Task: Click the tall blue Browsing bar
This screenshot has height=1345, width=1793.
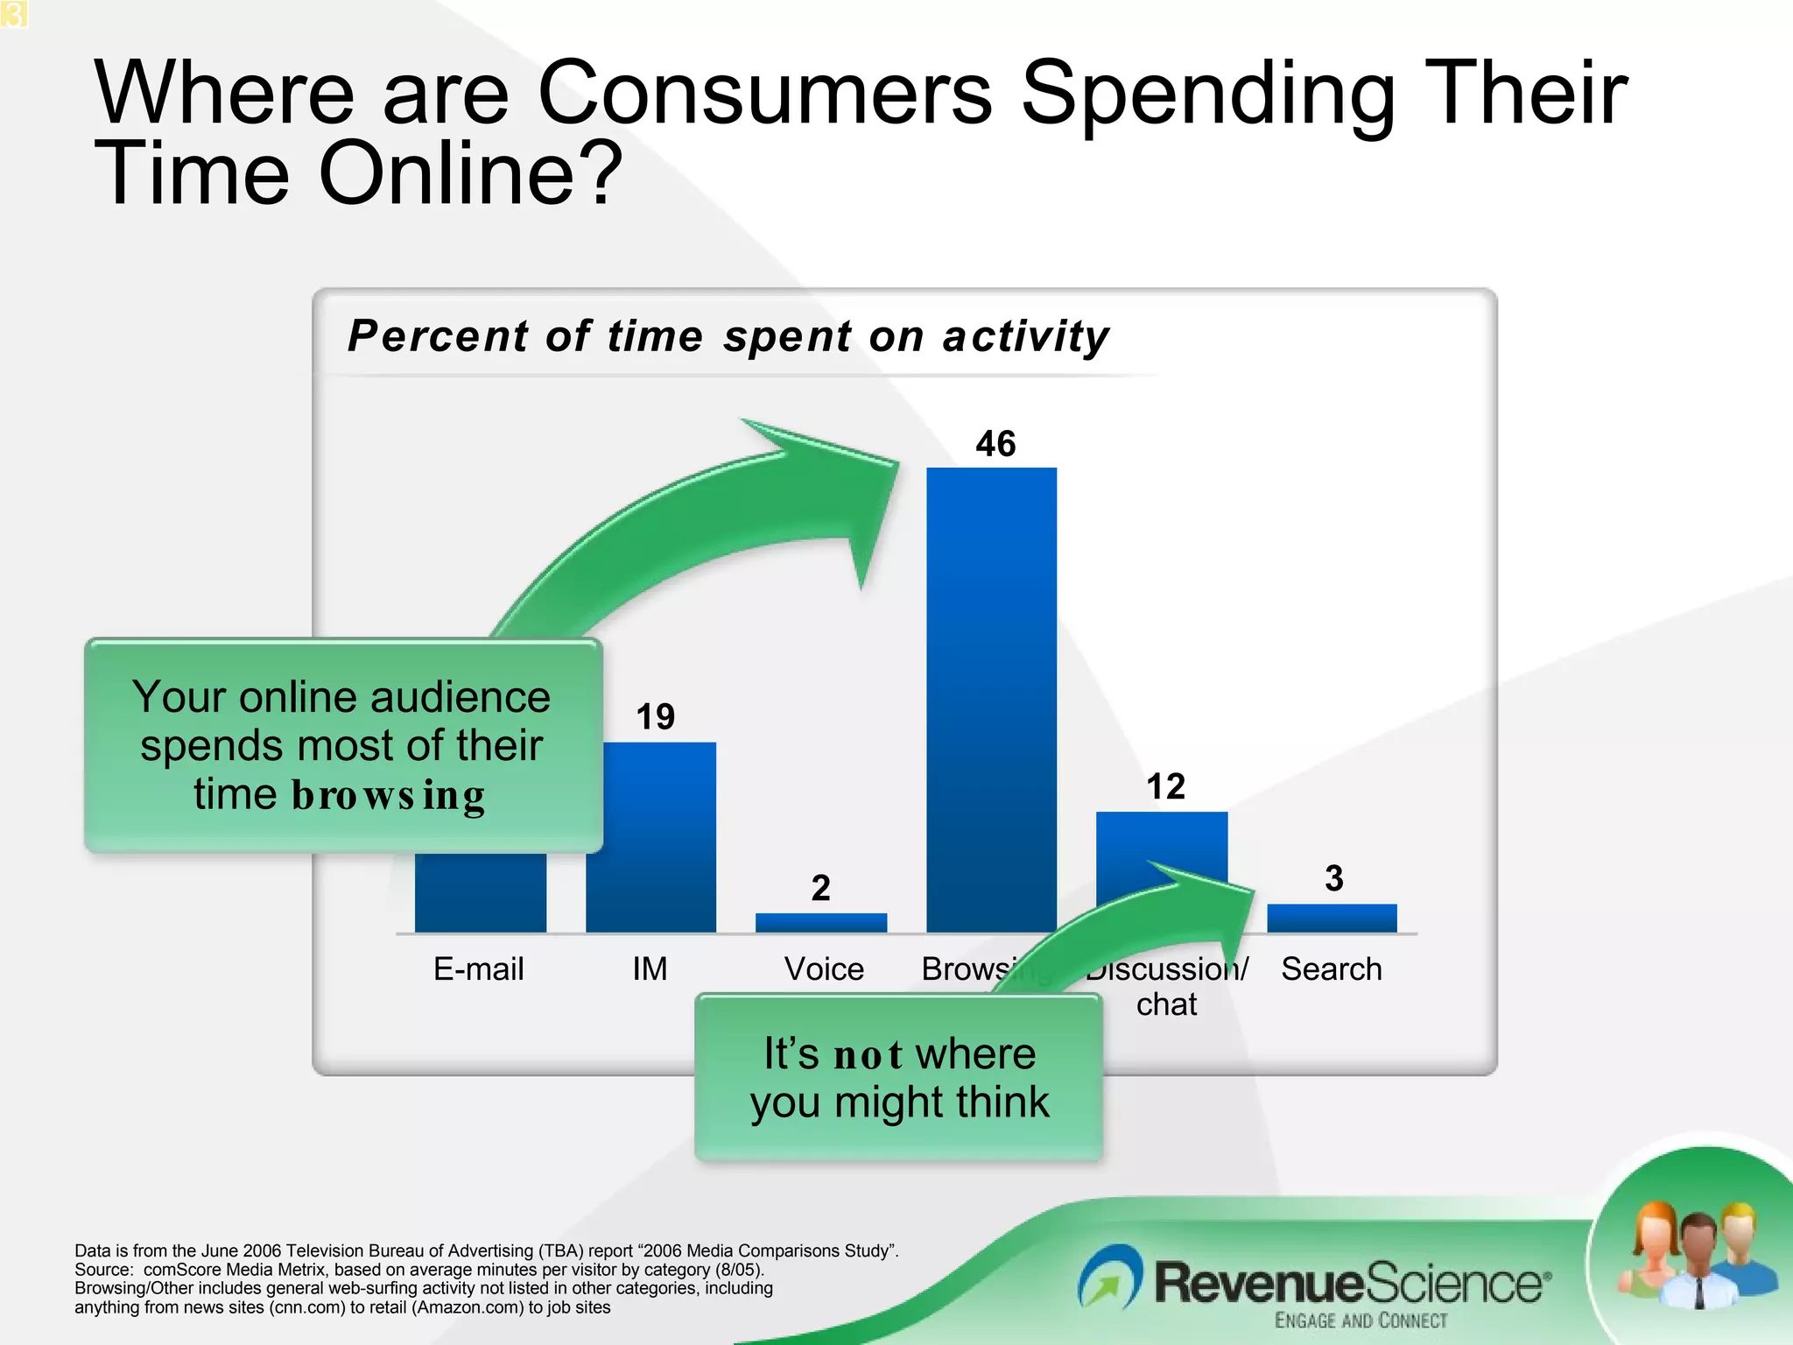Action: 991,701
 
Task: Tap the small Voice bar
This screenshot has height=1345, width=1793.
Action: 820,922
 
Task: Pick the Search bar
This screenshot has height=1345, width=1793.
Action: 1332,918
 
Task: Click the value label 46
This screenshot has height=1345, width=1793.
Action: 995,444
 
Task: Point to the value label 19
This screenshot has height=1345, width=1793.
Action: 655,717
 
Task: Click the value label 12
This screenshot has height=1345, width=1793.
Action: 1165,786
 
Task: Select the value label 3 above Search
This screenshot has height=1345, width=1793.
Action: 1333,878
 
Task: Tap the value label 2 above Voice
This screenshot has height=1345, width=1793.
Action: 820,888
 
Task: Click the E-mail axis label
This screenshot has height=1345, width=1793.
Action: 478,969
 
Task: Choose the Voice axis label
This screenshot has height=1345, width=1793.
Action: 824,969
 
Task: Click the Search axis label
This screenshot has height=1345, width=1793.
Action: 1332,969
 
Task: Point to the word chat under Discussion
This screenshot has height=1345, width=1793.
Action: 1166,1004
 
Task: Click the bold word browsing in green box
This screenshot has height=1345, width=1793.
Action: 388,795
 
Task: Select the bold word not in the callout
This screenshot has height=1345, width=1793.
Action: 868,1054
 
